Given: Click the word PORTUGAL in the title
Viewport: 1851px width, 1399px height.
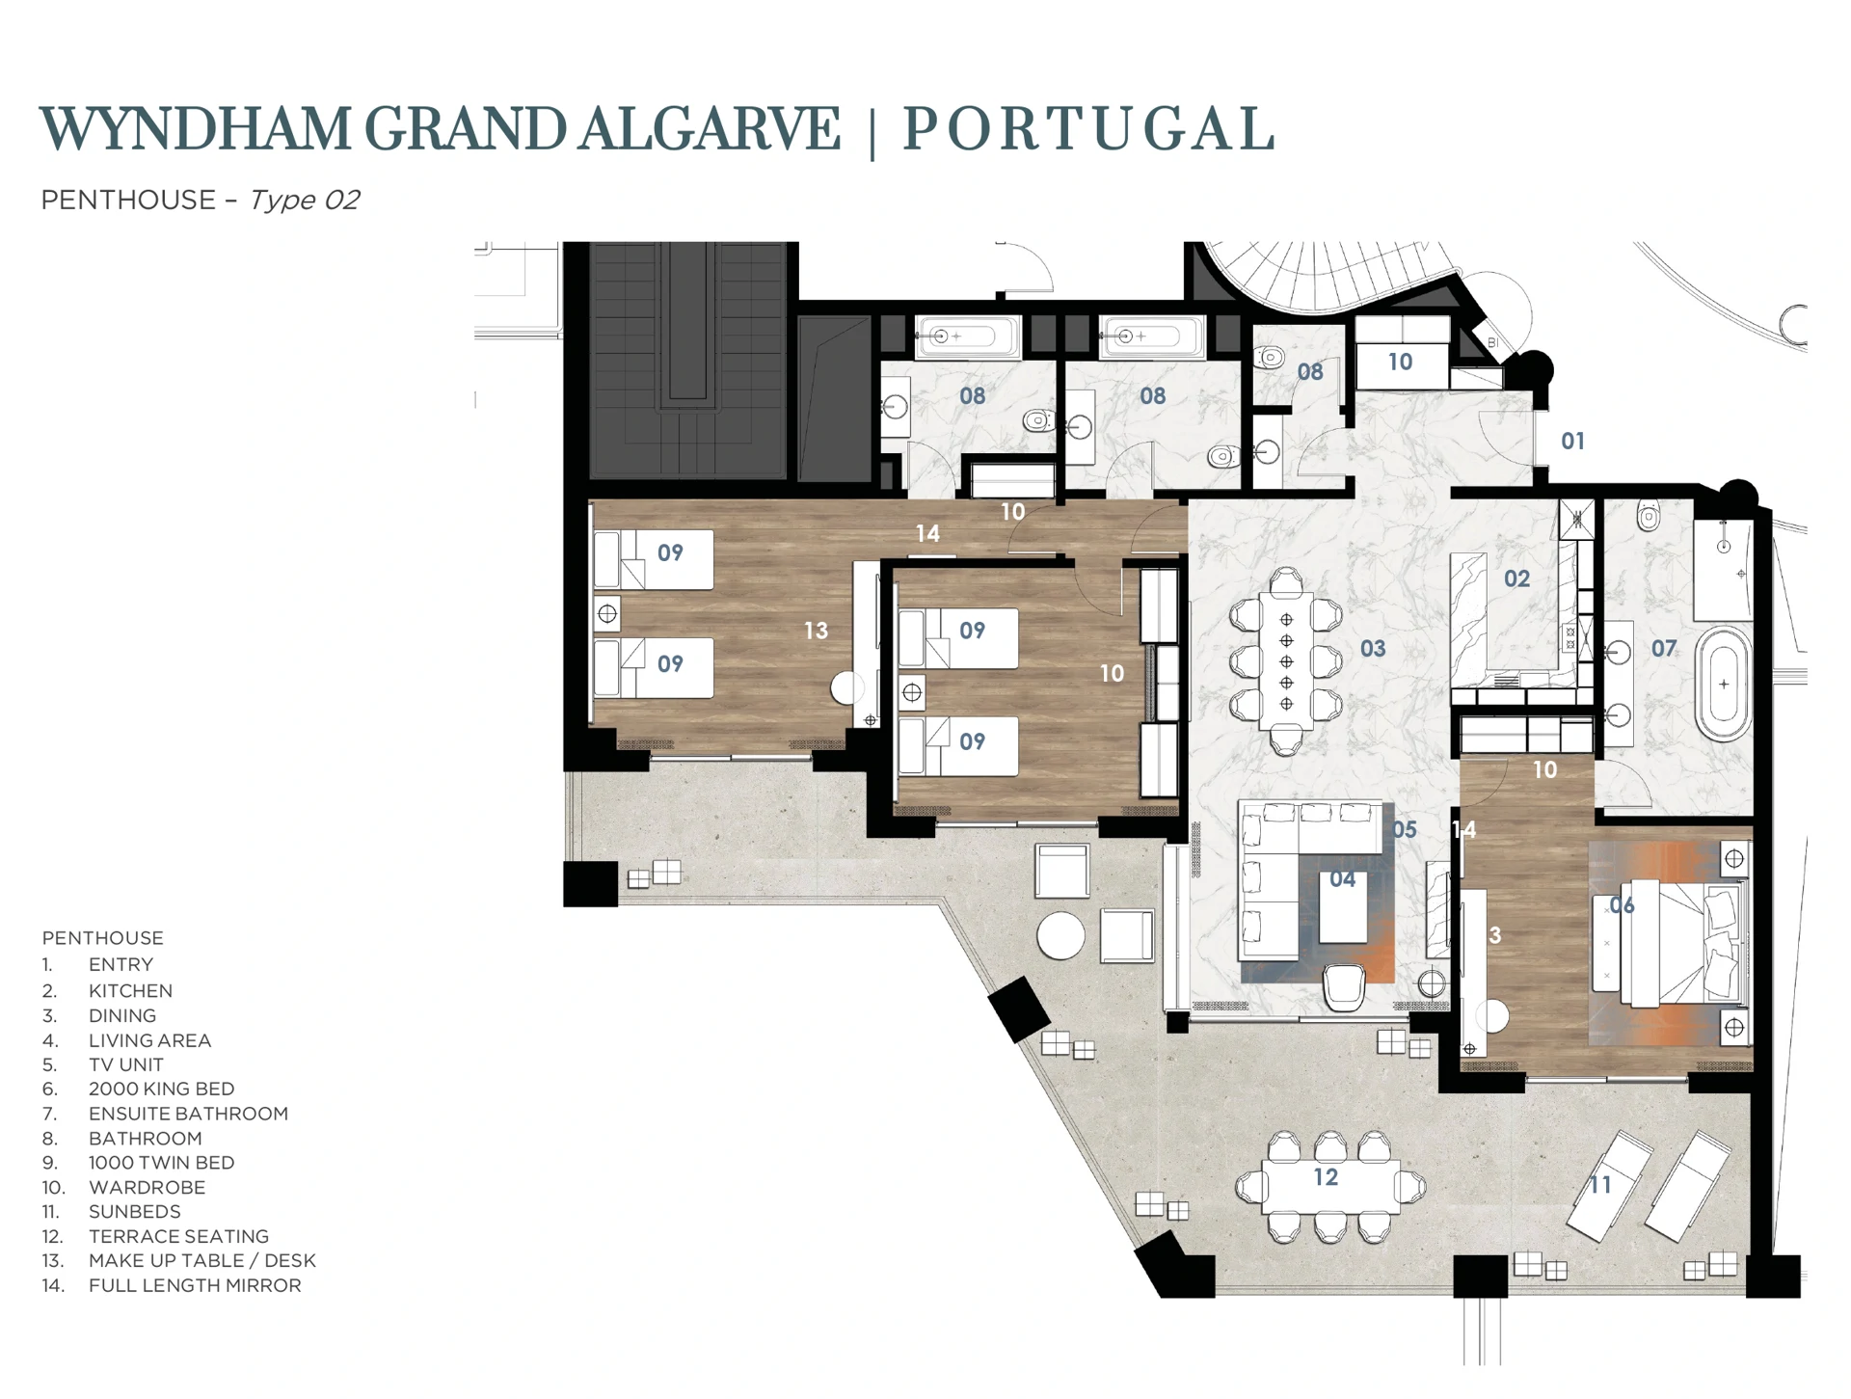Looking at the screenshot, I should (x=1088, y=130).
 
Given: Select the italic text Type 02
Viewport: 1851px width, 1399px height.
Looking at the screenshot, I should (x=305, y=201).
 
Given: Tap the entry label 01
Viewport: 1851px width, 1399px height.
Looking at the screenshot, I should (x=1572, y=442).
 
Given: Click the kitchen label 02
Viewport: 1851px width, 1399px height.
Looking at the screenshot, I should (x=1516, y=578).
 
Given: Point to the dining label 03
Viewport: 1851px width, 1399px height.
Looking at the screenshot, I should (x=1373, y=649).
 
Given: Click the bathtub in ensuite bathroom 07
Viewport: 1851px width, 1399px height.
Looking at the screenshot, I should (x=1724, y=684).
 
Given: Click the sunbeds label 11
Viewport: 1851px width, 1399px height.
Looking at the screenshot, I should (x=1600, y=1185).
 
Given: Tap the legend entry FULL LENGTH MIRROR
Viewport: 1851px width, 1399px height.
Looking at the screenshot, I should (x=195, y=1286).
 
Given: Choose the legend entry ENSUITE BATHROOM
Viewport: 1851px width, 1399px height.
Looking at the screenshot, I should (x=188, y=1114).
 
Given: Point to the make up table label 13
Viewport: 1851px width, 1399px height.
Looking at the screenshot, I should (x=816, y=631).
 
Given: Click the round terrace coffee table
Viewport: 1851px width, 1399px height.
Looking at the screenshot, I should (x=1060, y=935).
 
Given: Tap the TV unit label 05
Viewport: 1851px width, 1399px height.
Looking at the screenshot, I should (x=1405, y=830).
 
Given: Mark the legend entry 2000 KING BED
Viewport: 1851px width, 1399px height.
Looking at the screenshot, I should (x=161, y=1090).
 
